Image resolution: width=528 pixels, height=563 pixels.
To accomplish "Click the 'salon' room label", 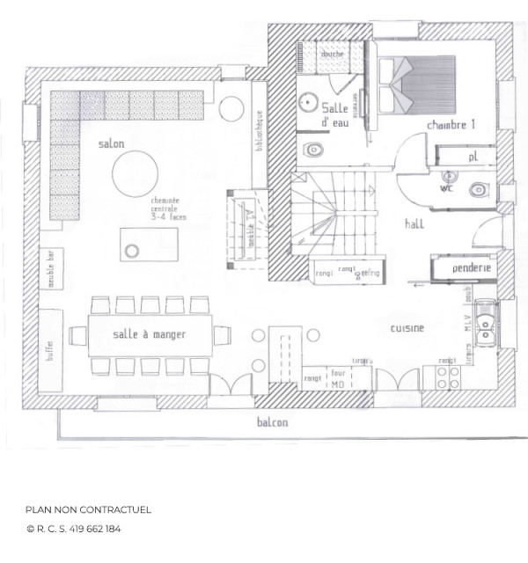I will click(x=111, y=143).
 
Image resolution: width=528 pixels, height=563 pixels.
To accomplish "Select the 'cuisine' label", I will click(x=407, y=328).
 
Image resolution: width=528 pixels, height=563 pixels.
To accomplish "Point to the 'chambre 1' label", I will click(x=451, y=126).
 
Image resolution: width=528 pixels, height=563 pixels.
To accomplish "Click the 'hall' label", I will click(x=414, y=223).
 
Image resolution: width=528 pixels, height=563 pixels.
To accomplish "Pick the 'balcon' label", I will click(x=272, y=422).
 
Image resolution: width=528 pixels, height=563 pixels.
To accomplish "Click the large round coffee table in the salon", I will click(x=135, y=172).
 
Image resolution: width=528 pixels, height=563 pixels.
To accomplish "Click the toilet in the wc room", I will click(x=476, y=189).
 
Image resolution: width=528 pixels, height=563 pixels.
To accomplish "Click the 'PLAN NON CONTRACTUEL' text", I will click(x=89, y=509).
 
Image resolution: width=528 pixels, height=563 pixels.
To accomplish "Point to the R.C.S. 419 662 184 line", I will click(x=74, y=530).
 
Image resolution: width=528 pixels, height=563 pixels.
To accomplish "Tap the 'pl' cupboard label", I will click(x=473, y=157).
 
